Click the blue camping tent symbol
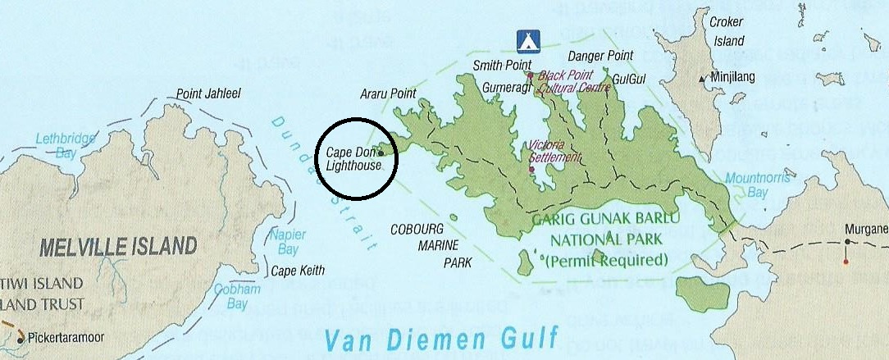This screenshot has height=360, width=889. point(527,40)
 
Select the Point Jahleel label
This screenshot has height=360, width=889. point(208,94)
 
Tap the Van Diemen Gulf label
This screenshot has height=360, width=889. point(441,338)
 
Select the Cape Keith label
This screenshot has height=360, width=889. point(299,271)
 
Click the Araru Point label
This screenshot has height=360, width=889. point(388,93)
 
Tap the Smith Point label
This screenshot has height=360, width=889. point(502,64)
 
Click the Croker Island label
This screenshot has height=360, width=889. point(727,34)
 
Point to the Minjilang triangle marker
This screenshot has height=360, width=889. point(702,79)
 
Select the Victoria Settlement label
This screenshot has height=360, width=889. point(555,151)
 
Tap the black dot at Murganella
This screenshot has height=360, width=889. point(847,242)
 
